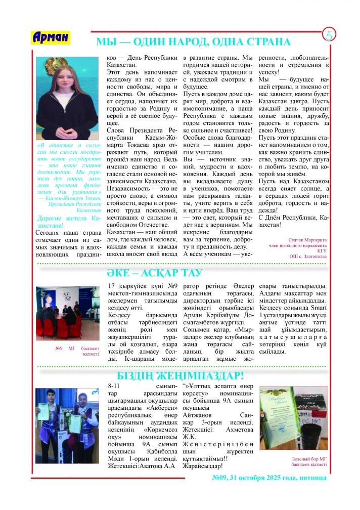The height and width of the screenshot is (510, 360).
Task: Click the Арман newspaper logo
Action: [51, 37]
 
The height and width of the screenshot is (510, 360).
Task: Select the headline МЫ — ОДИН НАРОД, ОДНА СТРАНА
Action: [193, 42]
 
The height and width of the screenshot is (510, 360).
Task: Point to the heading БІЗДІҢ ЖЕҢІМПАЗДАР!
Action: [181, 376]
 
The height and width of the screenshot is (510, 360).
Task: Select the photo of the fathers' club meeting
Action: [68, 314]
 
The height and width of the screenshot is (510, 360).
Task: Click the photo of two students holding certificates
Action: [68, 426]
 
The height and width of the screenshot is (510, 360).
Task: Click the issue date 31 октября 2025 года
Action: [283, 478]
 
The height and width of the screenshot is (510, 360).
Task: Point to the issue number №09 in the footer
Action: [220, 478]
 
